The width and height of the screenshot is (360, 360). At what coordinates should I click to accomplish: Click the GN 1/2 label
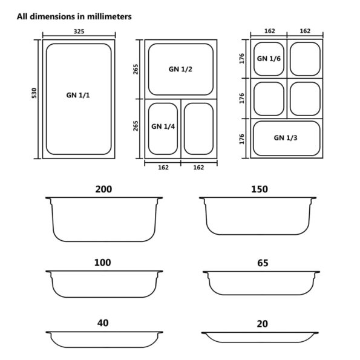point(180,69)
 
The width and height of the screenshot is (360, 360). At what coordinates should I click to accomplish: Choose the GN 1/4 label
point(162,126)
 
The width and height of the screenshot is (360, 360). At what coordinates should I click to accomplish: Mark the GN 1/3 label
point(286,138)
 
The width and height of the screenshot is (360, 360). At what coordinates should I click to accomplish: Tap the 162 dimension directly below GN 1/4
point(162,168)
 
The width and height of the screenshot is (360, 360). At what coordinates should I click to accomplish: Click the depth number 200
point(103,189)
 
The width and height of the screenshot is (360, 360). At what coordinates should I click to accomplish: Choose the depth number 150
point(259,189)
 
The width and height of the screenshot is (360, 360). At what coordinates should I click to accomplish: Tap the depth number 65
point(261,263)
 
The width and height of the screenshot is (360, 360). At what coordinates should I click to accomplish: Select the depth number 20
point(261,324)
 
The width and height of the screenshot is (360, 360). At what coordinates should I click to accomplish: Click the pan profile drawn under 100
point(104,284)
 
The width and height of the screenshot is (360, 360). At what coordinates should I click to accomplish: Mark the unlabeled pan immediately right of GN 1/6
point(304,59)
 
